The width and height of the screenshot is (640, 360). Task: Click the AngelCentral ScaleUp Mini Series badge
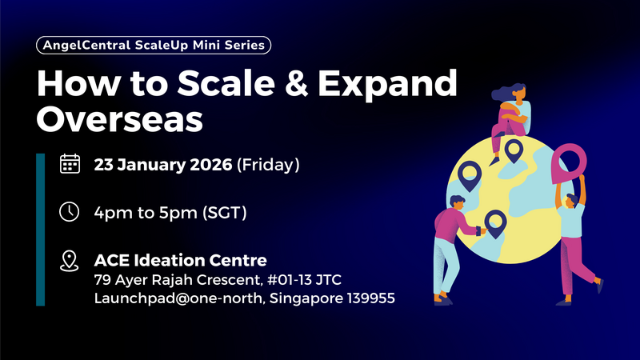[154, 46]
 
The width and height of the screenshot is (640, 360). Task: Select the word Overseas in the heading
[120, 119]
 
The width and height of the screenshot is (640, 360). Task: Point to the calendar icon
[70, 165]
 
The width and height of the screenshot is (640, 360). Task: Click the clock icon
[70, 212]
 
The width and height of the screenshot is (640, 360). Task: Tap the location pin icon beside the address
[70, 260]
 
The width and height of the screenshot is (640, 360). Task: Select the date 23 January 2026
[163, 166]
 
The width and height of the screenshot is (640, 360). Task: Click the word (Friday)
[269, 166]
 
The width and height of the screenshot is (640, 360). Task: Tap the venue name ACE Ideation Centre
[180, 260]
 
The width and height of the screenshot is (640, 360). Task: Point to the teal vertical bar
[40, 230]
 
